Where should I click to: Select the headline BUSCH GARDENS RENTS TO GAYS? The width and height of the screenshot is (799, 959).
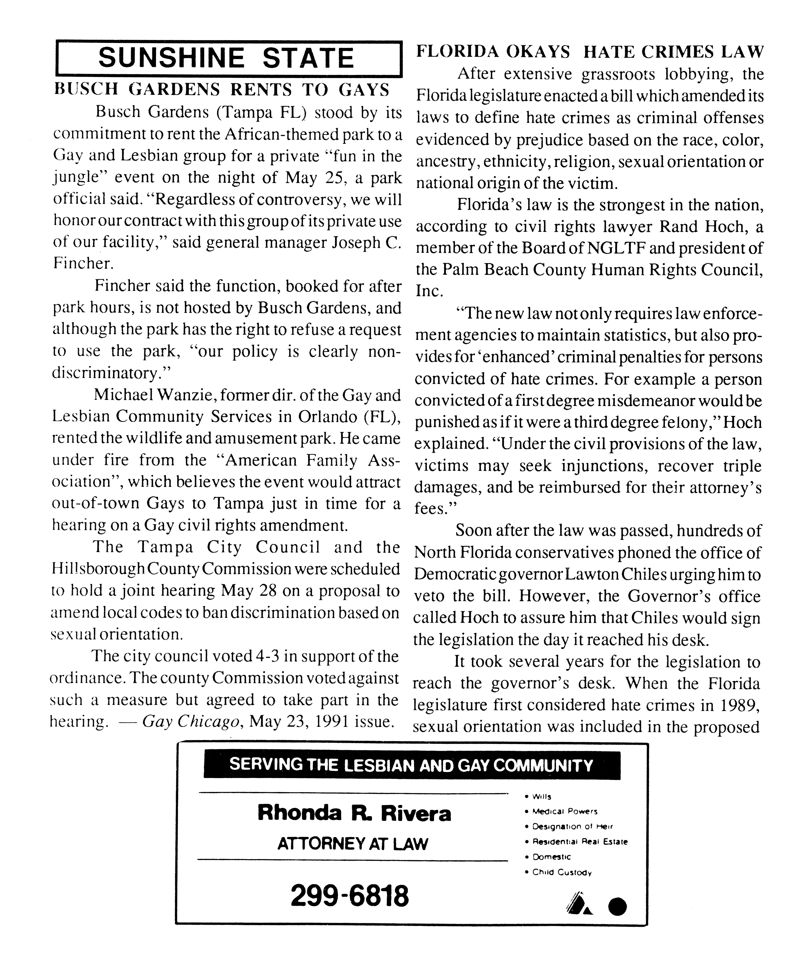point(222,89)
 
